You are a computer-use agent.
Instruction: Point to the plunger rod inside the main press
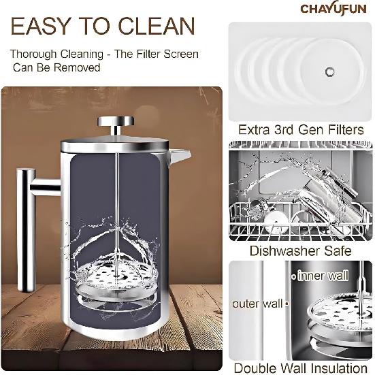[117, 204]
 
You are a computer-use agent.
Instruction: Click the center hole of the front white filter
[331, 70]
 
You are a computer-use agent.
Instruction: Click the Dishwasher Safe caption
[299, 250]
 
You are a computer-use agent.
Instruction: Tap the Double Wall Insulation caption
[299, 368]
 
